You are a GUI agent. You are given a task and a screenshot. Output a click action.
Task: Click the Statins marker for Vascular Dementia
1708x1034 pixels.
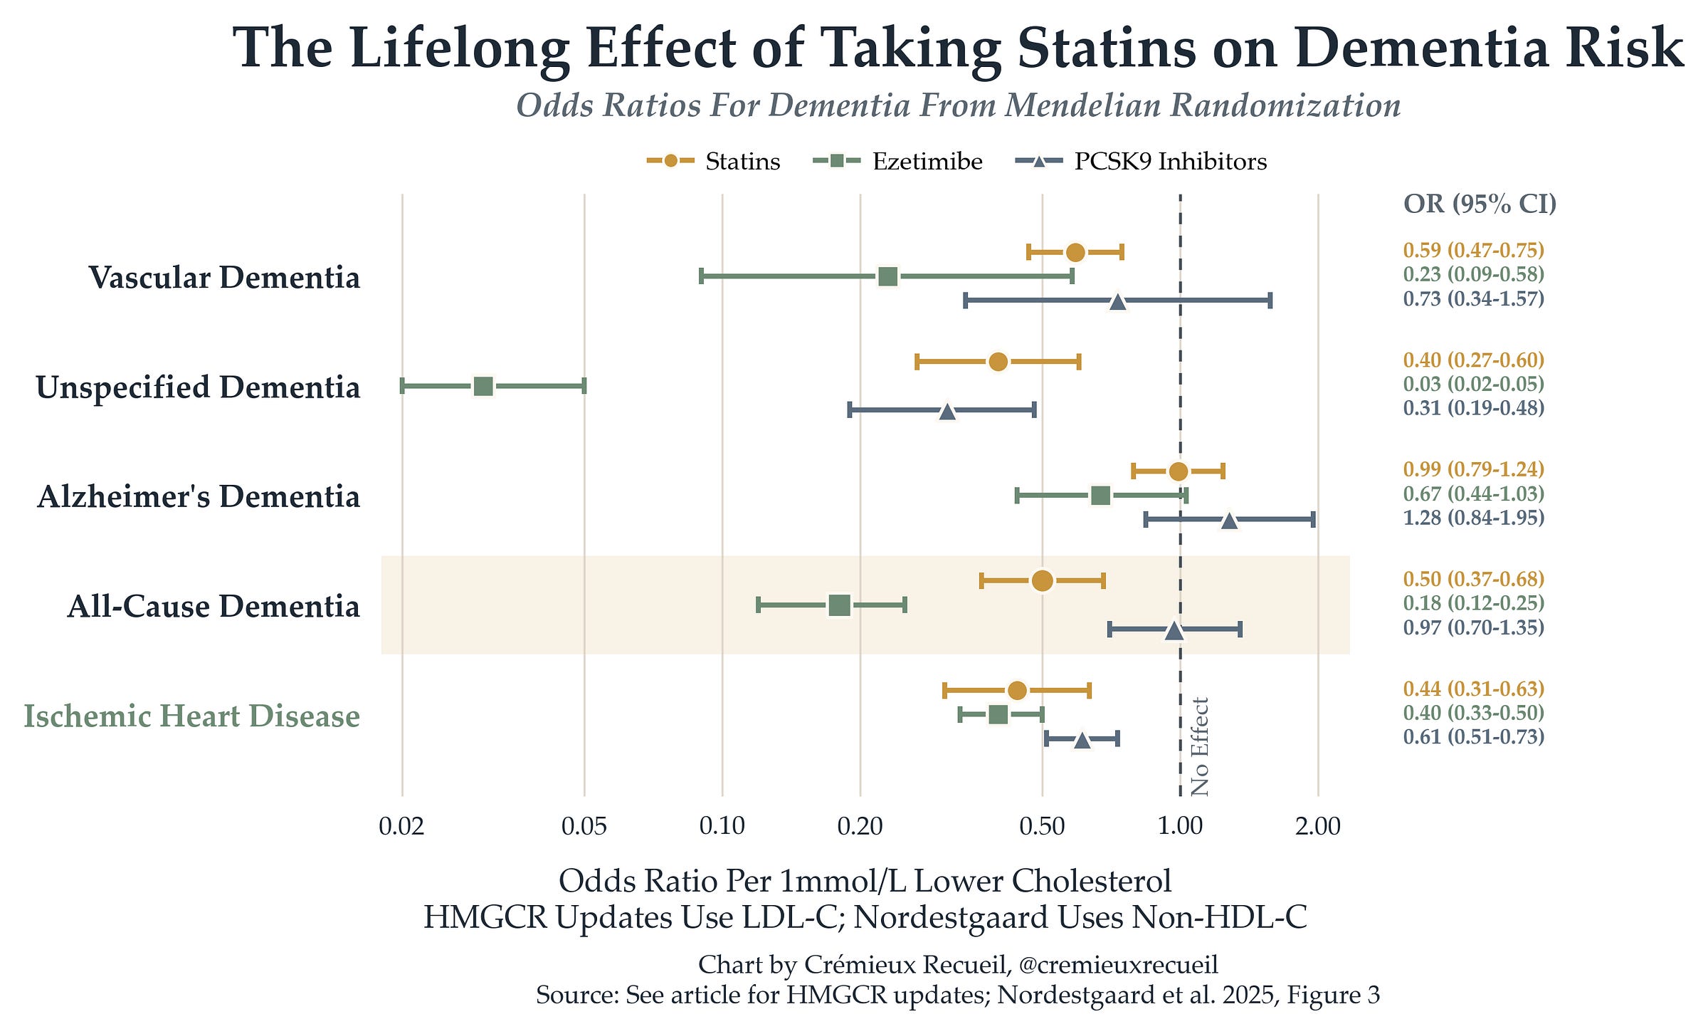(x=1075, y=252)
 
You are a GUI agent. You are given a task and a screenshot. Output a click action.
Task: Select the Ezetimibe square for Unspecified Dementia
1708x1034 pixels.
(x=483, y=387)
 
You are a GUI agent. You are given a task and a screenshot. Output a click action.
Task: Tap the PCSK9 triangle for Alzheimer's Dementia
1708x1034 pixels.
(x=1229, y=521)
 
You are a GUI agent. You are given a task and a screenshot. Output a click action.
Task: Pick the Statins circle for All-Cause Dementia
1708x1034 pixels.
(x=1042, y=580)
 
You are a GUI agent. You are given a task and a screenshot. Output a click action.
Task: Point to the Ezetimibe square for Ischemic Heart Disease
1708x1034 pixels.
(x=998, y=715)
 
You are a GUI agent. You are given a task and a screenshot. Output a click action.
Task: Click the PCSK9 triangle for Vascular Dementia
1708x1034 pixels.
(x=1118, y=301)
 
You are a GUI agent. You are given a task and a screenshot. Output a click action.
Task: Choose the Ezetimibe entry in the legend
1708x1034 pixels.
(x=898, y=161)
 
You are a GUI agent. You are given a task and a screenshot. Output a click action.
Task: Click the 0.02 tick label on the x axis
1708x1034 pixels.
(x=402, y=826)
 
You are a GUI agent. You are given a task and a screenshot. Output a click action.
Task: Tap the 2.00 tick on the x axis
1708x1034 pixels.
(x=1318, y=826)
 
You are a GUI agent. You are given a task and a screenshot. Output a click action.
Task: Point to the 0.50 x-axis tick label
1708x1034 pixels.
(x=1042, y=826)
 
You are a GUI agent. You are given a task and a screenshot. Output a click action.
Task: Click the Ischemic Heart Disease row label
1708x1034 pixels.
(x=192, y=716)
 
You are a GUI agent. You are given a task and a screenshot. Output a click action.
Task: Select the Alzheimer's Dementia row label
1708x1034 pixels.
(x=199, y=496)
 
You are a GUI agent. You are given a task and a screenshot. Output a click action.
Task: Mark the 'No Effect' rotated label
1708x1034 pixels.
(x=1200, y=746)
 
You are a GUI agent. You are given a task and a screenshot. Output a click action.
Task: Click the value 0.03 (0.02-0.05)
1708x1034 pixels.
(x=1474, y=384)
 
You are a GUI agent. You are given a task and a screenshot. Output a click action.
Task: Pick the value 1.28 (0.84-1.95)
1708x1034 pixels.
(x=1474, y=517)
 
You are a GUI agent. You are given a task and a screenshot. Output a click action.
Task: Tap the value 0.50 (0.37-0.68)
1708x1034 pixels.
(x=1474, y=578)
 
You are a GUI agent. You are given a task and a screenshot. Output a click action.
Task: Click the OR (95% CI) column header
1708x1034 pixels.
(x=1480, y=204)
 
